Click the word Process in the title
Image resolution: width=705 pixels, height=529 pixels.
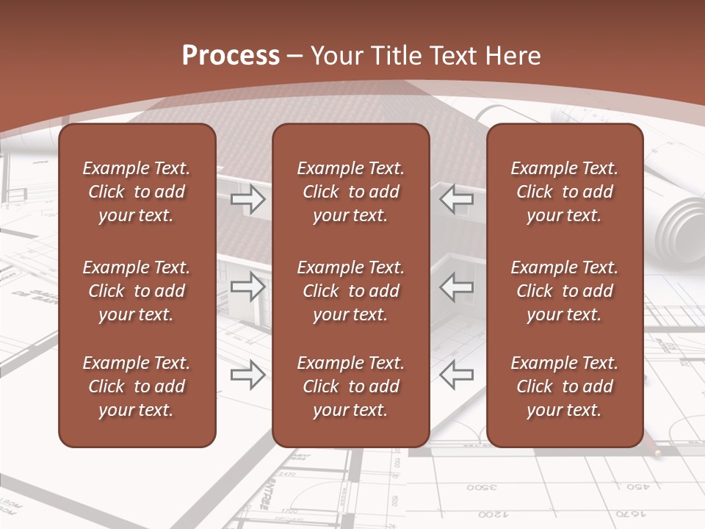(231, 56)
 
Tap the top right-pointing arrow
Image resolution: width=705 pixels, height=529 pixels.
(248, 199)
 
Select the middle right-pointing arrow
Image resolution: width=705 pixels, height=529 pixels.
(248, 287)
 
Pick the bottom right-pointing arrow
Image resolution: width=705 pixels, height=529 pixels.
(248, 375)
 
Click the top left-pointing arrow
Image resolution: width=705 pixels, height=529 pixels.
(457, 198)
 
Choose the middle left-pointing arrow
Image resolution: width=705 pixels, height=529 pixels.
(457, 287)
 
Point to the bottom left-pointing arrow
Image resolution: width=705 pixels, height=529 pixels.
(457, 375)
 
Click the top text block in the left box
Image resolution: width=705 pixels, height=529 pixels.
(137, 192)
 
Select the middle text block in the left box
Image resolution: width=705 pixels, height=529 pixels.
(137, 291)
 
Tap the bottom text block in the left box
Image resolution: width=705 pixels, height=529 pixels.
(137, 386)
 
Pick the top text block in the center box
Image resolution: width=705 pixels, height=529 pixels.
(351, 192)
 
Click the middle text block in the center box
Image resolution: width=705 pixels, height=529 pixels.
(351, 291)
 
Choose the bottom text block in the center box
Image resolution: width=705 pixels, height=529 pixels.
(351, 386)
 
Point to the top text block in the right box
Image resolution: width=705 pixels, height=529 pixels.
(565, 192)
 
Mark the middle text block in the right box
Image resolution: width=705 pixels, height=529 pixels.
(565, 291)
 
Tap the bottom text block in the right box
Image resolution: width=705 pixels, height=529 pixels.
(565, 386)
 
